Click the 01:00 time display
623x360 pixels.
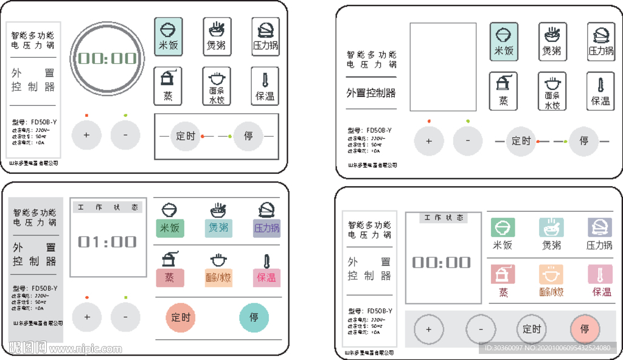pyautogui.click(x=107, y=242)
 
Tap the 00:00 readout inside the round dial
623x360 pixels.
pyautogui.click(x=107, y=58)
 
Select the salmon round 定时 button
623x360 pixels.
pyautogui.click(x=181, y=317)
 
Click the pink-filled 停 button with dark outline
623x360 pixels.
pyautogui.click(x=585, y=330)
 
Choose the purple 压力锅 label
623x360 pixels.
pyautogui.click(x=266, y=229)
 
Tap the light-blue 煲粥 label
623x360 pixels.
pyautogui.click(x=218, y=229)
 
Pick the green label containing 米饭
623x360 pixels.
pyautogui.click(x=170, y=229)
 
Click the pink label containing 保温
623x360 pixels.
pyautogui.click(x=266, y=278)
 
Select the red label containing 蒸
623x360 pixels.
pyautogui.click(x=170, y=278)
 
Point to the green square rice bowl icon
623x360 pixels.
pyautogui.click(x=503, y=227)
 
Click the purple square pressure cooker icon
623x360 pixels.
pyautogui.click(x=599, y=227)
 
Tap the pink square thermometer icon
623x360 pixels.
pyautogui.click(x=600, y=275)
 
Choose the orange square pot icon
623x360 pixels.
pyautogui.click(x=551, y=275)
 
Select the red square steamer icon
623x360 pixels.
pyautogui.click(x=503, y=275)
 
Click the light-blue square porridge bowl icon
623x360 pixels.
pyautogui.click(x=551, y=227)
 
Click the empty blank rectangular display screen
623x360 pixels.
pyautogui.click(x=442, y=67)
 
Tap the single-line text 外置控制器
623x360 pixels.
pyautogui.click(x=371, y=93)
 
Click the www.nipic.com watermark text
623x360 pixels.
pyautogui.click(x=78, y=350)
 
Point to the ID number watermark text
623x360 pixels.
pyautogui.click(x=548, y=348)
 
